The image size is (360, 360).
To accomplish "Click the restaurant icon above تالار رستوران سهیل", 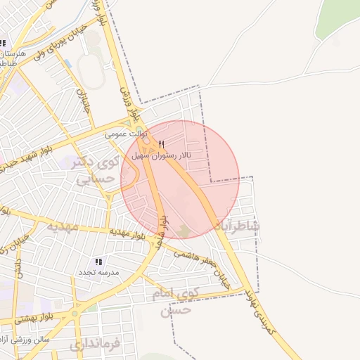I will coord(162,145).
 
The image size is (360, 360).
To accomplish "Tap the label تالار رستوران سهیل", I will coord(163,155).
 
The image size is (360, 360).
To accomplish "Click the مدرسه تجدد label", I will coord(99,271).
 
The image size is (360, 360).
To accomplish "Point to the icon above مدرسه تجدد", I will coord(98,262).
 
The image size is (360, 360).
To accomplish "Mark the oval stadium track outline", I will coord(91,70).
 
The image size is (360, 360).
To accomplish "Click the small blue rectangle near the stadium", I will coord(67,64).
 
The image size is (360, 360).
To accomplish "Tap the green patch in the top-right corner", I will coord(338,17).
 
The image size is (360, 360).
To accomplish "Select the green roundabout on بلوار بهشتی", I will coord(75,313).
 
